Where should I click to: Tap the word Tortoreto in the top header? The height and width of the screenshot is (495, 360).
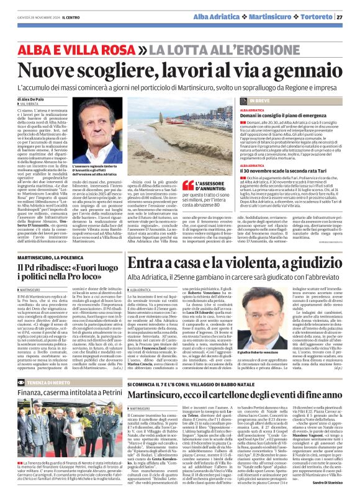pyautogui.click(x=317, y=17)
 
